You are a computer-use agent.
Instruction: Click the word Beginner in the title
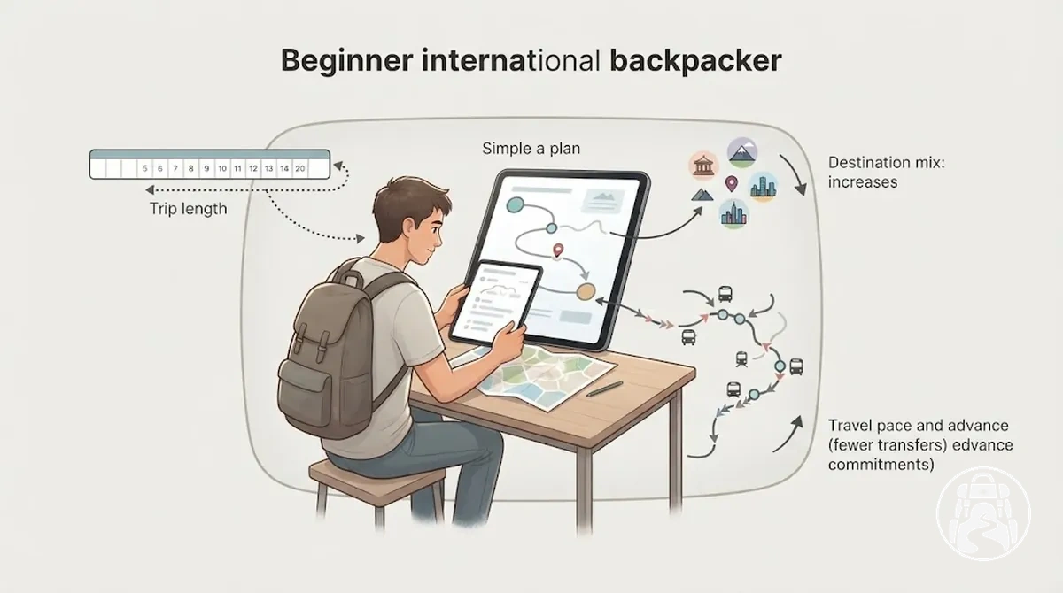coord(346,61)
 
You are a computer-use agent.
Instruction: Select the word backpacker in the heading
coord(695,61)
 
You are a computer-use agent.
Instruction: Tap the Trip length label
coord(189,209)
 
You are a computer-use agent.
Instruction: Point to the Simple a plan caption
coord(531,149)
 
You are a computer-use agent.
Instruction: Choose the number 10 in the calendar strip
coord(222,168)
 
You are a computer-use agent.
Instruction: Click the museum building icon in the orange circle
coord(703,166)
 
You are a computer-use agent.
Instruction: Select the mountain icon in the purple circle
coord(742,152)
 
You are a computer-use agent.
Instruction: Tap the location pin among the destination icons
coord(732,183)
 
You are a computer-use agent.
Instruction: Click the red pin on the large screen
coord(558,250)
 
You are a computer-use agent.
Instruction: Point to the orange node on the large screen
coord(586,291)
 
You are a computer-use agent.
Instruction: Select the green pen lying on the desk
coord(604,389)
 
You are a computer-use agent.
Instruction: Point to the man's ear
coord(408,230)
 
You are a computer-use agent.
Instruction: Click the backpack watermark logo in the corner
coord(984,514)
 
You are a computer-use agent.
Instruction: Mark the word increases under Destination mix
coord(863,182)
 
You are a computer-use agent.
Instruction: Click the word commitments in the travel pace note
coord(881,464)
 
